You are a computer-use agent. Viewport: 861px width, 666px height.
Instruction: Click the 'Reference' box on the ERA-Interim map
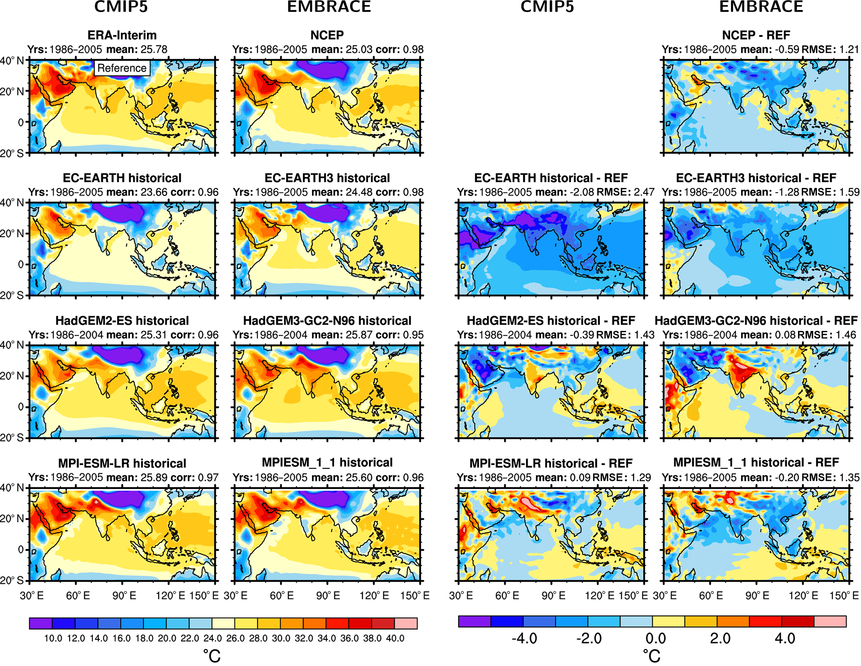coord(122,68)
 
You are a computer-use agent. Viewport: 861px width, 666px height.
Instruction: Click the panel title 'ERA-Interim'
coord(122,35)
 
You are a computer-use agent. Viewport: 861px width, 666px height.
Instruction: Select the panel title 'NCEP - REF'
coord(756,35)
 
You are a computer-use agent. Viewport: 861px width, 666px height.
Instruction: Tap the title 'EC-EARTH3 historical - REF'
coord(756,178)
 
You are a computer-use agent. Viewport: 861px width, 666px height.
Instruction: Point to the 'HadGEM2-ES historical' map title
coord(122,320)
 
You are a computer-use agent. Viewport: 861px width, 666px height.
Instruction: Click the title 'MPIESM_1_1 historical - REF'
coord(756,463)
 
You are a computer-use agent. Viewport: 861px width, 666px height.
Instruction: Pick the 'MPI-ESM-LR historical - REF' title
coord(551,463)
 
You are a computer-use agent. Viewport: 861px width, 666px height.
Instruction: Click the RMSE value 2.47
coord(642,192)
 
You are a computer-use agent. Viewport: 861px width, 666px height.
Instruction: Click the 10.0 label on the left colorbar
coord(53,638)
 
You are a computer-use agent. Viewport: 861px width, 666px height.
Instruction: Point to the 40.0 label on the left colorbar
coord(395,638)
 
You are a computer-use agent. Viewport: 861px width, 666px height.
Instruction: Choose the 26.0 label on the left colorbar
coord(235,638)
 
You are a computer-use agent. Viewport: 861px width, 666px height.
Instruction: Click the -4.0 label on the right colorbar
coord(524,638)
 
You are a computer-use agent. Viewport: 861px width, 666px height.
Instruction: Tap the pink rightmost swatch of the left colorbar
coord(406,623)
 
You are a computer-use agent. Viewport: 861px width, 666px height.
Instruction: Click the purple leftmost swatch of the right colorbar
coord(474,621)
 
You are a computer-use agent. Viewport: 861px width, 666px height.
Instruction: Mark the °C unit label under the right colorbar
coord(651,656)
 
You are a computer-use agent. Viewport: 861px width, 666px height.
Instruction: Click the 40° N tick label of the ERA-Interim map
coord(12,61)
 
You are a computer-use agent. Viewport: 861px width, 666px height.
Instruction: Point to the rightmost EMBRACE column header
coord(761,7)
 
